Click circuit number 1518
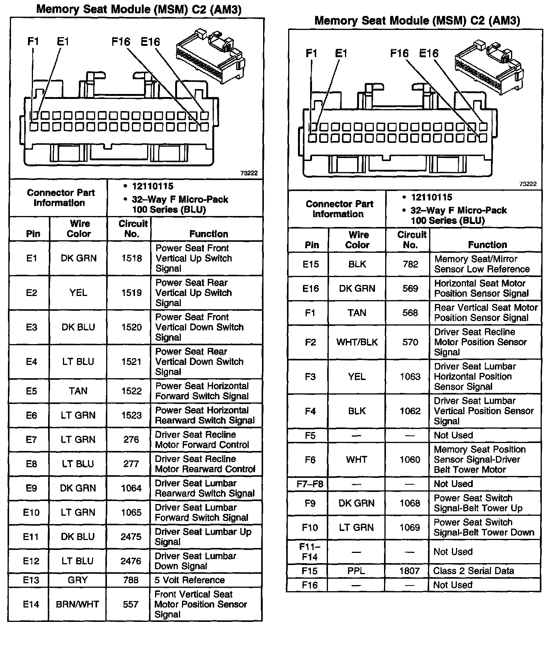coord(131,258)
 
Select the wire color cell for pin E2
coord(78,293)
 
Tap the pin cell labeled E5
coord(31,391)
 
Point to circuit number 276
coord(131,440)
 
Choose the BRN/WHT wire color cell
coord(77,604)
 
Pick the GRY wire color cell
coord(78,580)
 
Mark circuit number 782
coord(410,264)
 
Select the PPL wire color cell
coord(356,571)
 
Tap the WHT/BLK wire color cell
coord(357,342)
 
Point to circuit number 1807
coord(409,571)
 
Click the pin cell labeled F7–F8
coord(310,484)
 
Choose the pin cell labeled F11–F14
coord(310,552)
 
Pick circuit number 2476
coord(131,561)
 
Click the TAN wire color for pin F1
coord(357,313)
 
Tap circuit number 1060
coord(410,460)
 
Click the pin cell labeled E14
coord(31,604)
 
